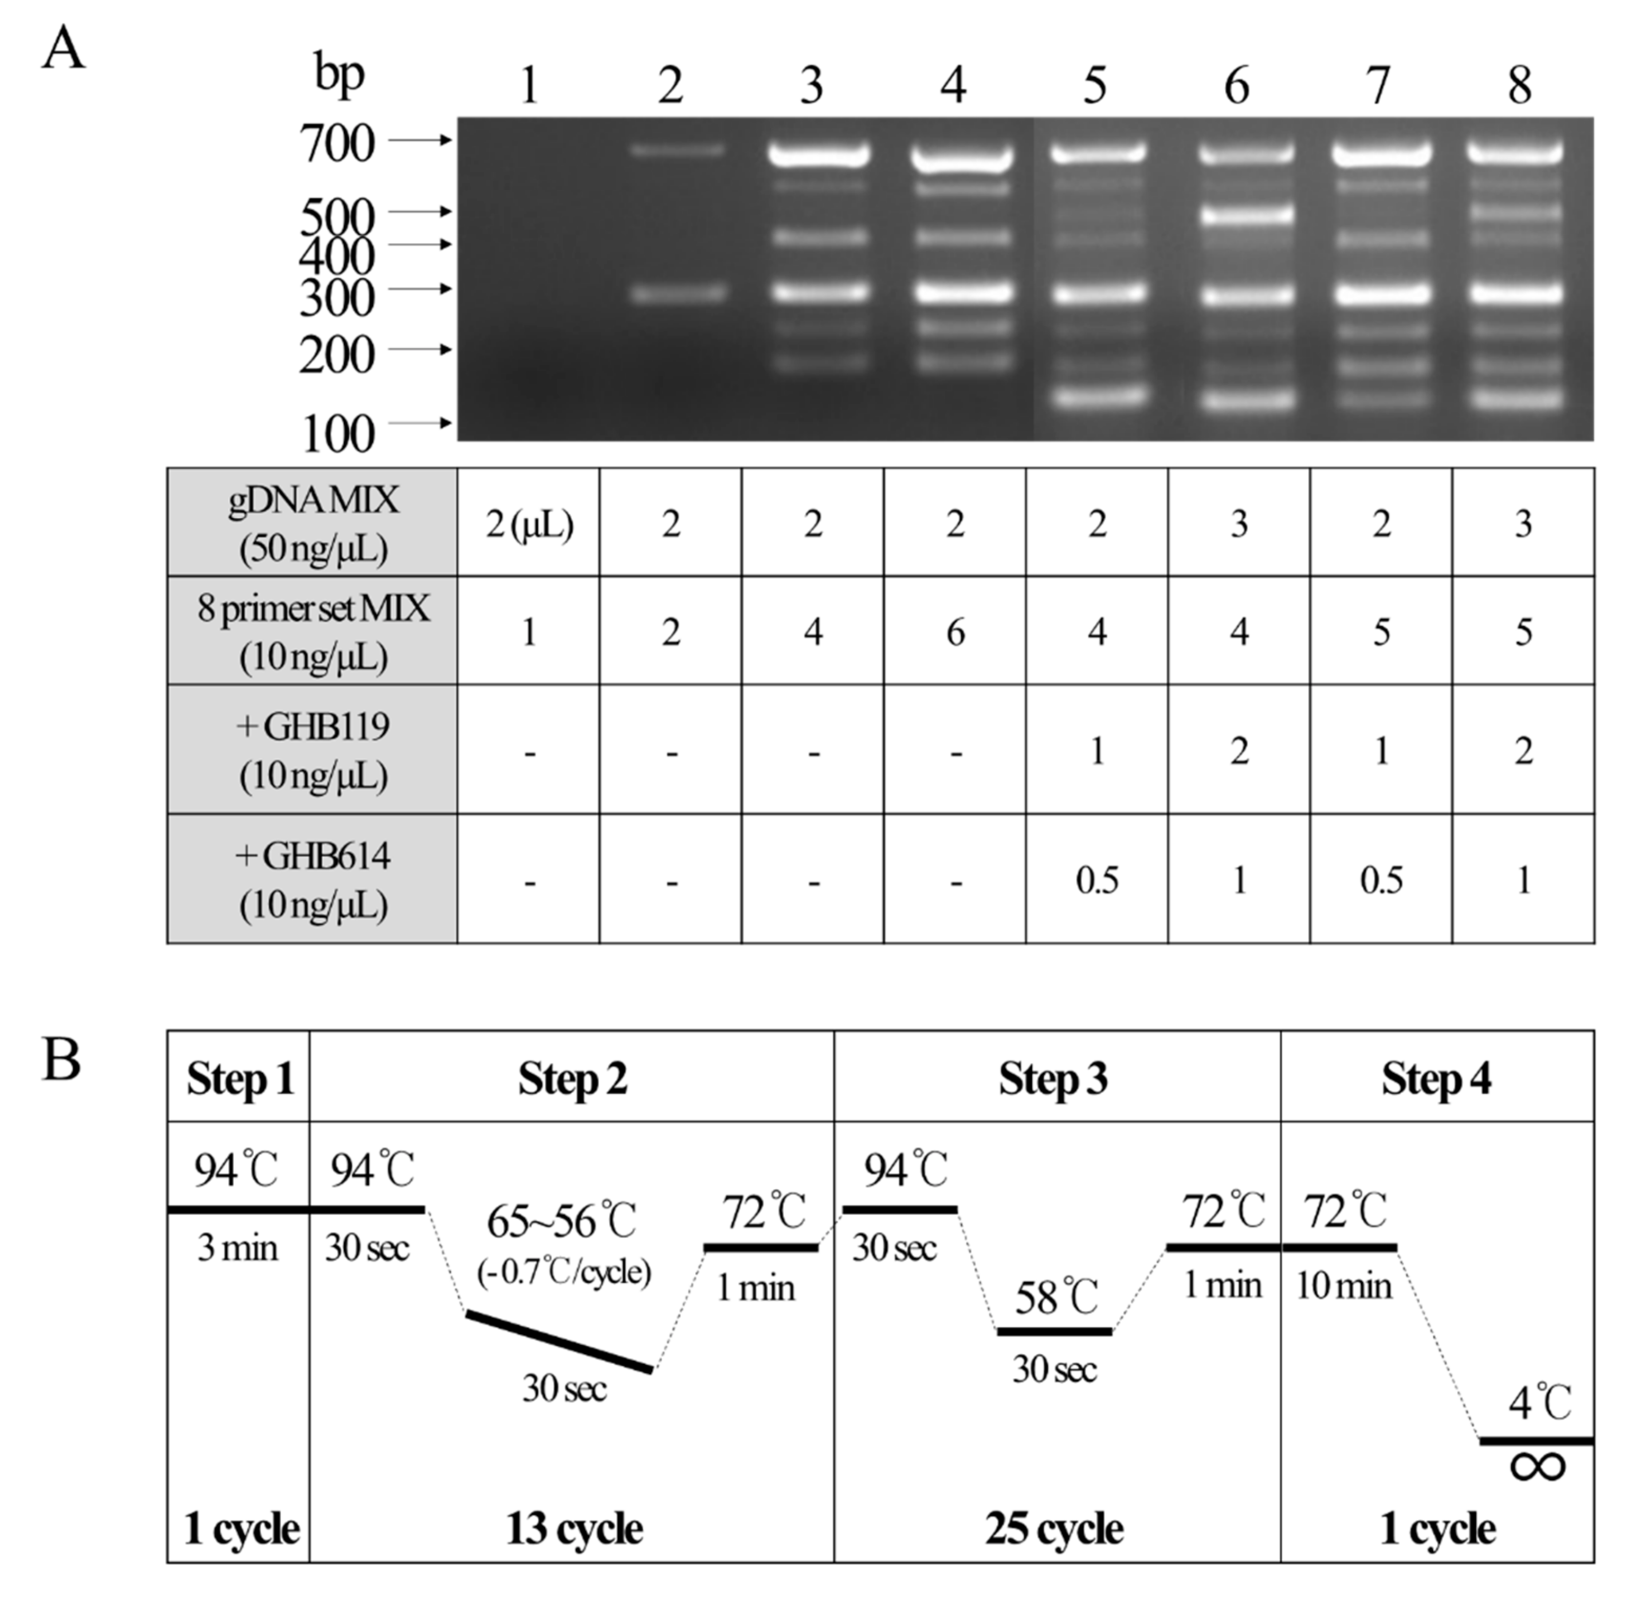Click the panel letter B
pyautogui.click(x=62, y=1060)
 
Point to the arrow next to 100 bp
pyautogui.click(x=421, y=423)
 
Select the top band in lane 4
pyautogui.click(x=962, y=157)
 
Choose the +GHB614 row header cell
pyautogui.click(x=312, y=879)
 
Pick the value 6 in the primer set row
pyautogui.click(x=955, y=632)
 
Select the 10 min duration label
pyautogui.click(x=1344, y=1286)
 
